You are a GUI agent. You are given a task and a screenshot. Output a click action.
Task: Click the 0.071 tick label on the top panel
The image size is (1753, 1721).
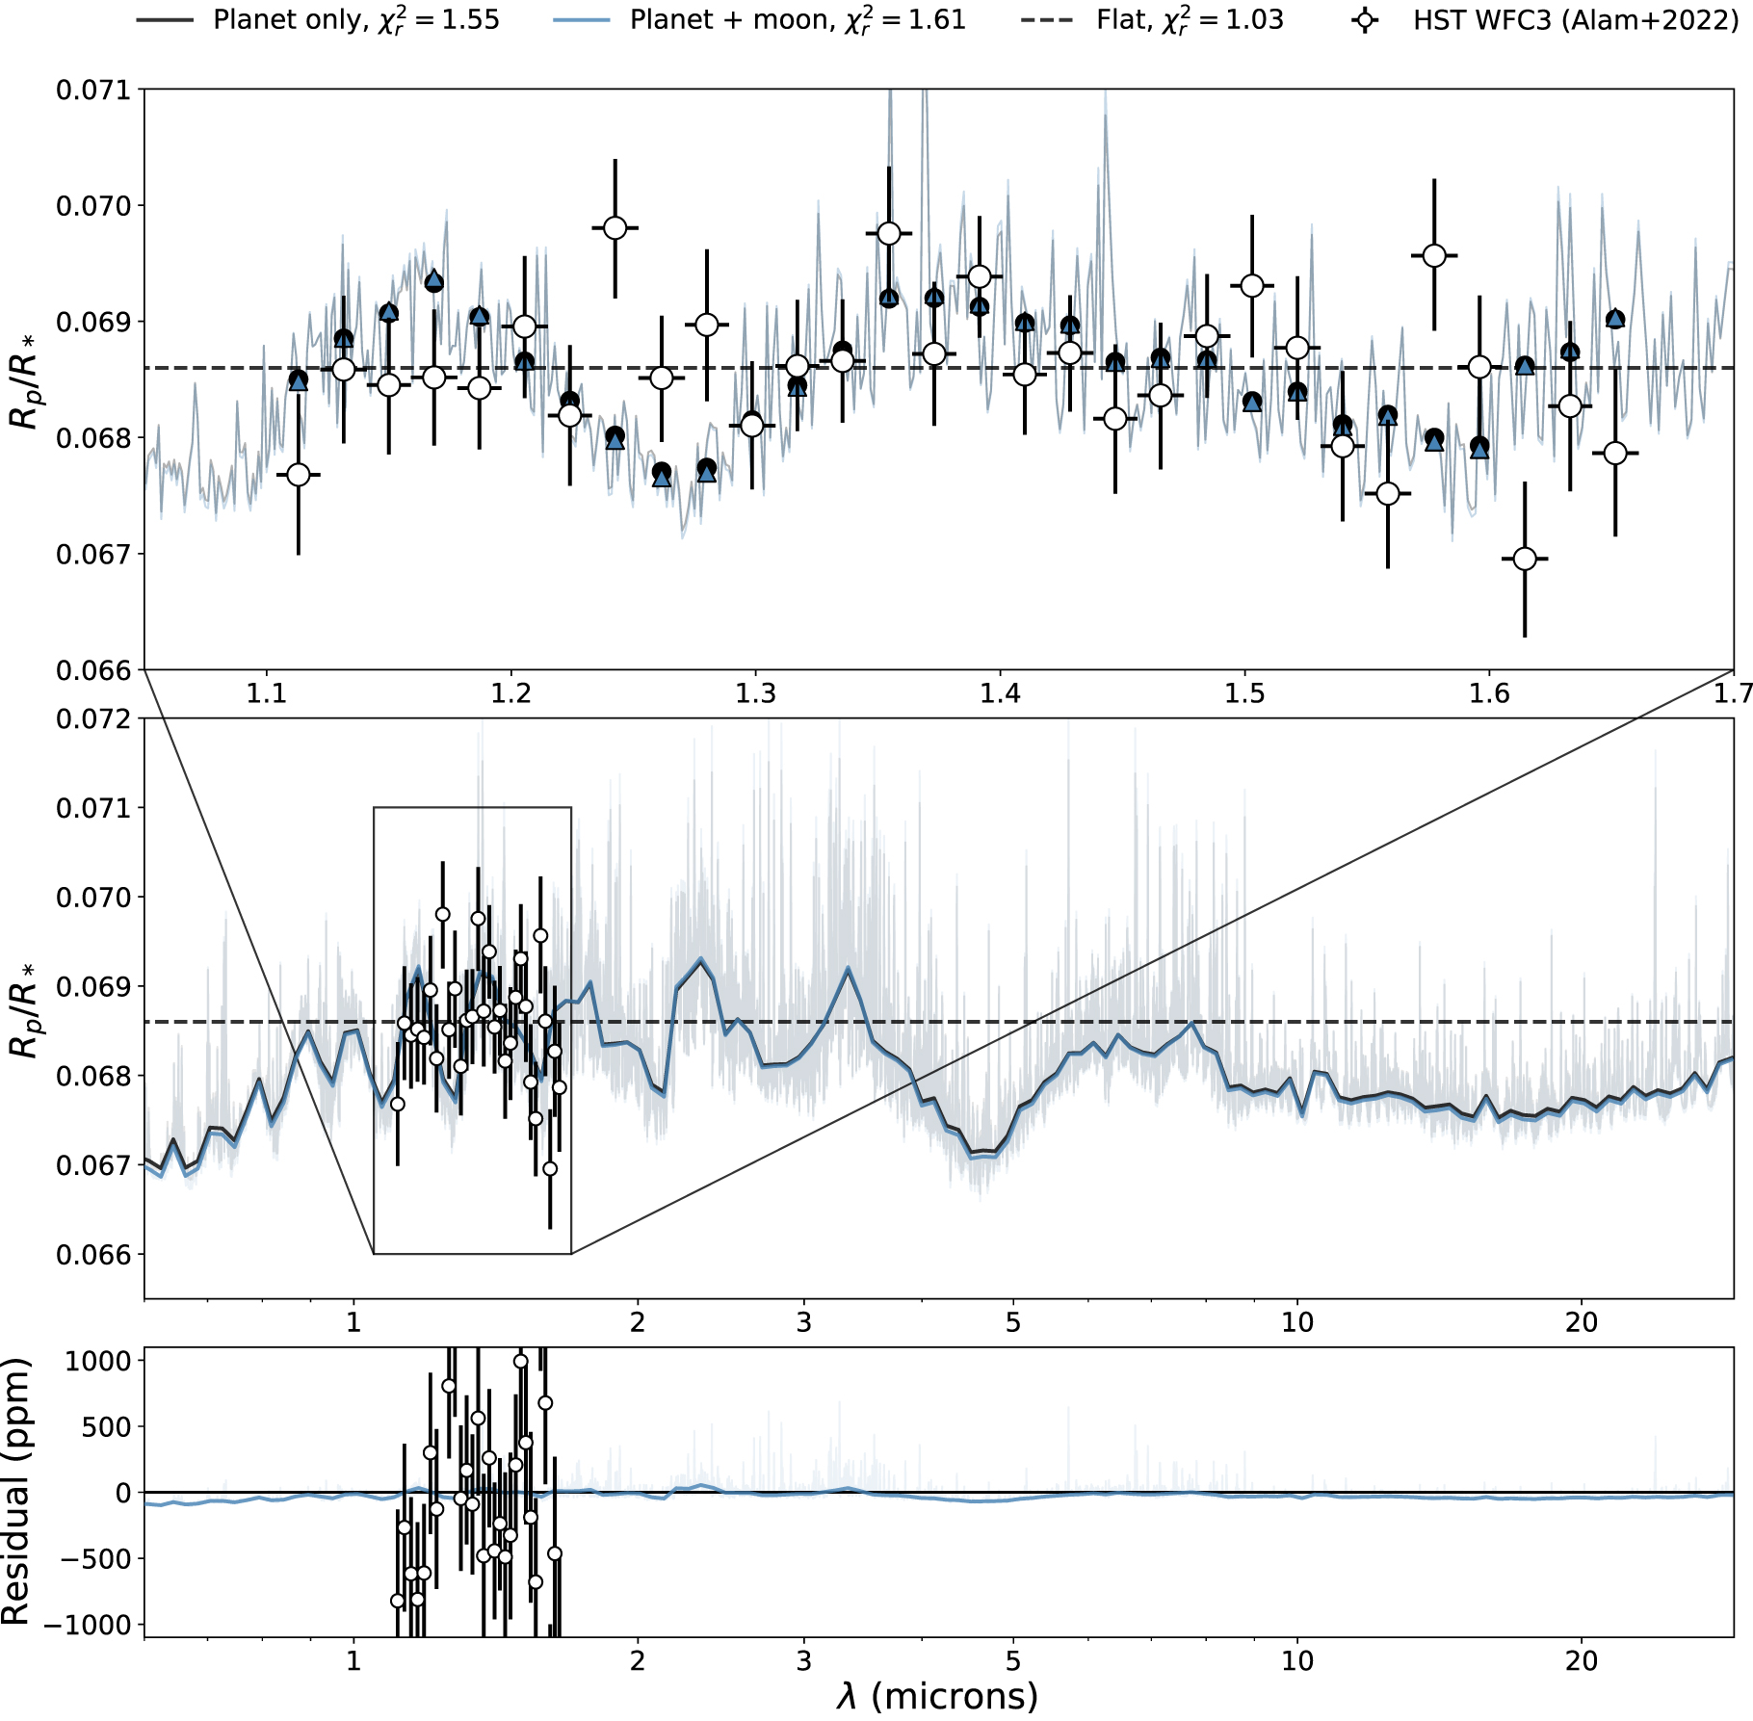[92, 91]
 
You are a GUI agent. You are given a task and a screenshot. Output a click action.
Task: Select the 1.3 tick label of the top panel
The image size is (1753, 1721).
[756, 693]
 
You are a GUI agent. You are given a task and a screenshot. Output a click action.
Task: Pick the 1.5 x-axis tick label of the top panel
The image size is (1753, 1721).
[1245, 693]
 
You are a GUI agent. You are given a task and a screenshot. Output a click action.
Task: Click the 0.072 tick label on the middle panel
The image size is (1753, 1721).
[92, 719]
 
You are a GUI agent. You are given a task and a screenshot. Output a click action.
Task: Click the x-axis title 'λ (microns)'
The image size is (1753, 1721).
[937, 1695]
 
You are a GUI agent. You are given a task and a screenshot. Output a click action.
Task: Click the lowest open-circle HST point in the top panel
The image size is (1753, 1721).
[1525, 559]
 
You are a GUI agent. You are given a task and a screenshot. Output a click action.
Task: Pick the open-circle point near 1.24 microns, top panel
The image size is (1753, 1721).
[615, 228]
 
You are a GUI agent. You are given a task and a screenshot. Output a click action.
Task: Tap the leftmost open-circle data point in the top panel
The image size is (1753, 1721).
[299, 475]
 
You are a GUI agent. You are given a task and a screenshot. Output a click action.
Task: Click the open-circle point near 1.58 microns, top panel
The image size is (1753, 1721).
[1434, 255]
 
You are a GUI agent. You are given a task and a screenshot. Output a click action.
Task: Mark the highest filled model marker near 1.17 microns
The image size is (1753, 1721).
[434, 281]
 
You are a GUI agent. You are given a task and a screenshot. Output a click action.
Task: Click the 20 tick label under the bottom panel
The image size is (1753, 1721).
[1582, 1661]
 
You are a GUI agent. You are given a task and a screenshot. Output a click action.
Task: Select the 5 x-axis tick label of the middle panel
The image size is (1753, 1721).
[1013, 1322]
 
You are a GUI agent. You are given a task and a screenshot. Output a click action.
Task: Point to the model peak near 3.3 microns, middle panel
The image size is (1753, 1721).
[848, 968]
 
